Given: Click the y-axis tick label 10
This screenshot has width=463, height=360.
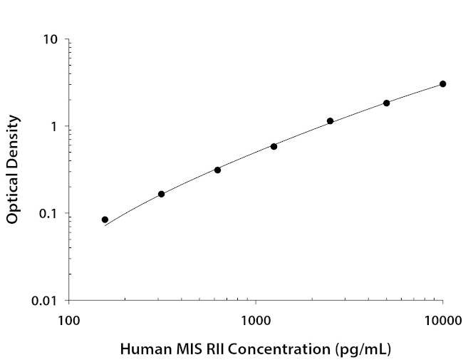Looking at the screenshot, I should (51, 40).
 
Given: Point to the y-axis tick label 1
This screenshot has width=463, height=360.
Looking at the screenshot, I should (53, 127).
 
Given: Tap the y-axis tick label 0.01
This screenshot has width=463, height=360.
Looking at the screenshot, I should (46, 301).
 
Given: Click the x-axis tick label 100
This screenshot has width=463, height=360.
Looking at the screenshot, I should (69, 319).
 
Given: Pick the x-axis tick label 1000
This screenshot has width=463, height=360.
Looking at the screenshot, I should (256, 319).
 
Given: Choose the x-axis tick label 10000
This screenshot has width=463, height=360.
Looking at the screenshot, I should (442, 319).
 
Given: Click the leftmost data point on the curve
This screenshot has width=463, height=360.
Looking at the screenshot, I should (105, 220).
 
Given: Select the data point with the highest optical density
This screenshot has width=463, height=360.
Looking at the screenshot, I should (443, 84).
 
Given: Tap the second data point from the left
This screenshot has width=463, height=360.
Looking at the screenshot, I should (162, 194).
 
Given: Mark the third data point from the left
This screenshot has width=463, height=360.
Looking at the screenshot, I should (217, 170).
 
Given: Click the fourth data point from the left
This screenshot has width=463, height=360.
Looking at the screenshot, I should (274, 146).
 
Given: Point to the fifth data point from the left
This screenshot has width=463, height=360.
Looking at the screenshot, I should (331, 121).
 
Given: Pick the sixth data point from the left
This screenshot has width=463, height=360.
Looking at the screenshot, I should (387, 103).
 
